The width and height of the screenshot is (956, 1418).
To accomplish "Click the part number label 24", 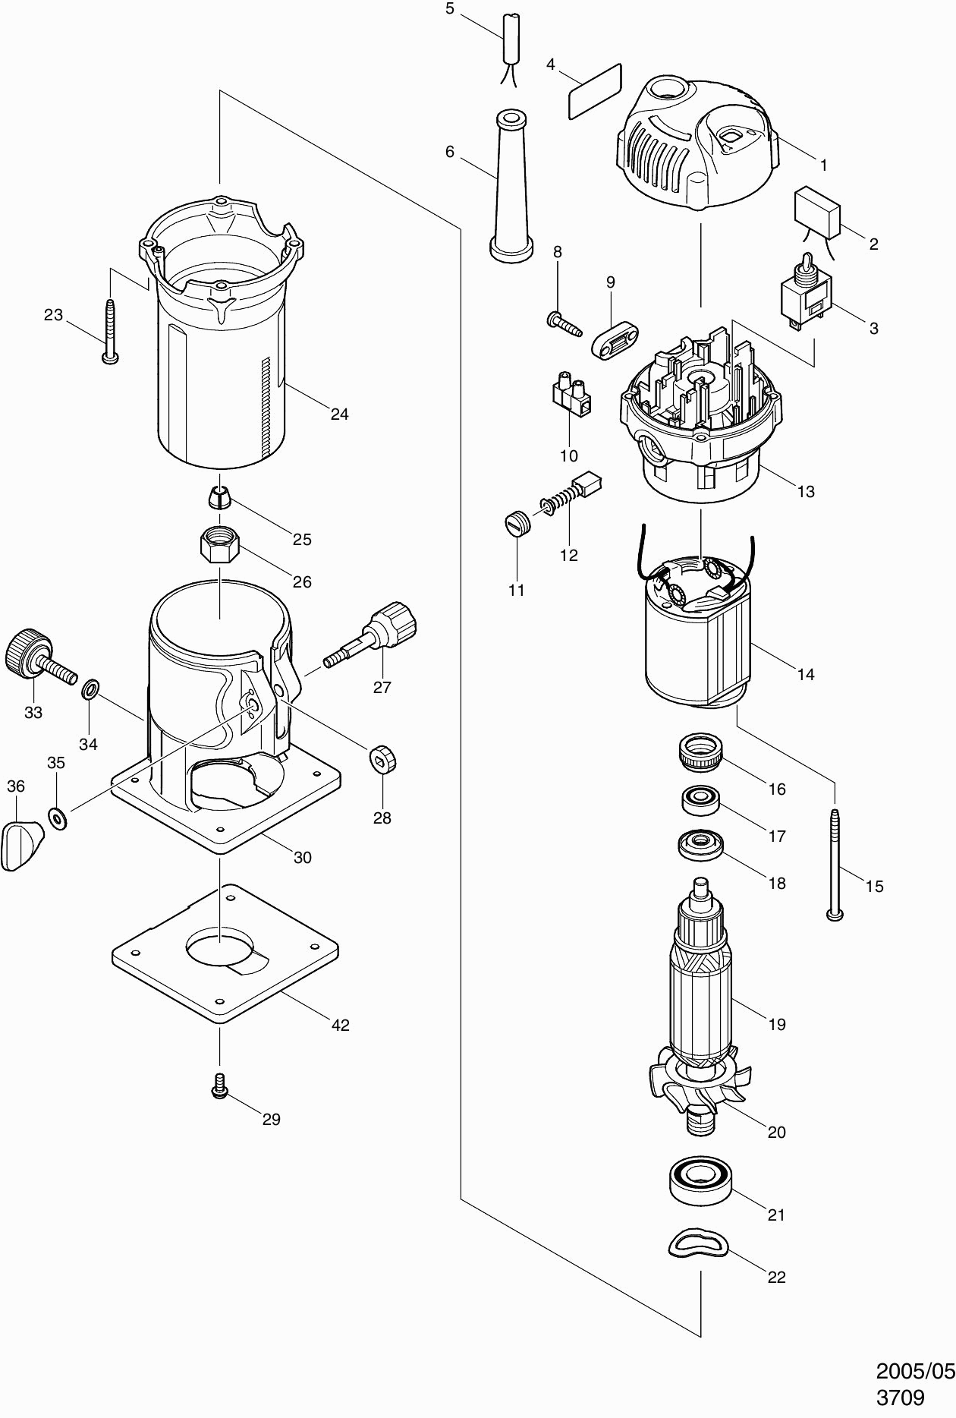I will click(x=339, y=414).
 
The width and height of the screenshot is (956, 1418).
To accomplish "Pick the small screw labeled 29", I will click(x=220, y=1086).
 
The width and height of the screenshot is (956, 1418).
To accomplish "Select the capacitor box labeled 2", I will click(x=816, y=211).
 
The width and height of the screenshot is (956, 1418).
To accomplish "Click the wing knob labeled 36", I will click(x=20, y=843).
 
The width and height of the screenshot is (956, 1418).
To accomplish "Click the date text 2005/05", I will click(x=915, y=1371).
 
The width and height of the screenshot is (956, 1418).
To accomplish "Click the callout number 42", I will click(x=341, y=1025).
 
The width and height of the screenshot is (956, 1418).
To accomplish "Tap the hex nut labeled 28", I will click(x=383, y=759).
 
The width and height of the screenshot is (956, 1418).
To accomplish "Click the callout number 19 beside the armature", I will click(x=776, y=1024).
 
